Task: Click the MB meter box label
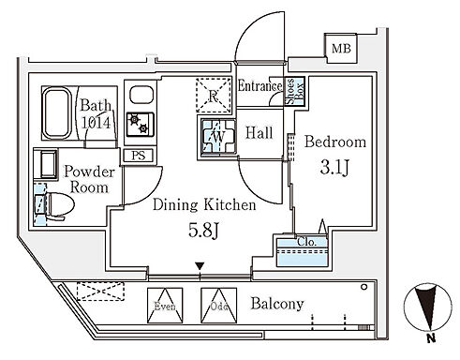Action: (x=341, y=49)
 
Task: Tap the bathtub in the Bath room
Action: (x=57, y=112)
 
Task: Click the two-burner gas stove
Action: (x=141, y=125)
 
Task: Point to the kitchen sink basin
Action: (x=141, y=95)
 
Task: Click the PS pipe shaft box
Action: (x=139, y=156)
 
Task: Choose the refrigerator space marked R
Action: (x=214, y=95)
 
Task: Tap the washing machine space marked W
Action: (x=218, y=136)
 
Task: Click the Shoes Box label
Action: (x=294, y=91)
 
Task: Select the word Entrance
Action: (x=260, y=85)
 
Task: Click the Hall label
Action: (x=259, y=133)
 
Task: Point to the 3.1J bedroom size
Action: (x=334, y=168)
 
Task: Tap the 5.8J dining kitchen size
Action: (x=203, y=231)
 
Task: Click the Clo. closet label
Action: (x=307, y=242)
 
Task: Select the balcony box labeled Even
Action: (x=165, y=306)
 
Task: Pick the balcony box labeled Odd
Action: (x=218, y=306)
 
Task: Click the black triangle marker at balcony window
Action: (x=200, y=266)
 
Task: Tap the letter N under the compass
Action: (x=431, y=337)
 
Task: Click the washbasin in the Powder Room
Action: (x=46, y=164)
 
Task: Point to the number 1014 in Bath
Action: (x=96, y=122)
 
